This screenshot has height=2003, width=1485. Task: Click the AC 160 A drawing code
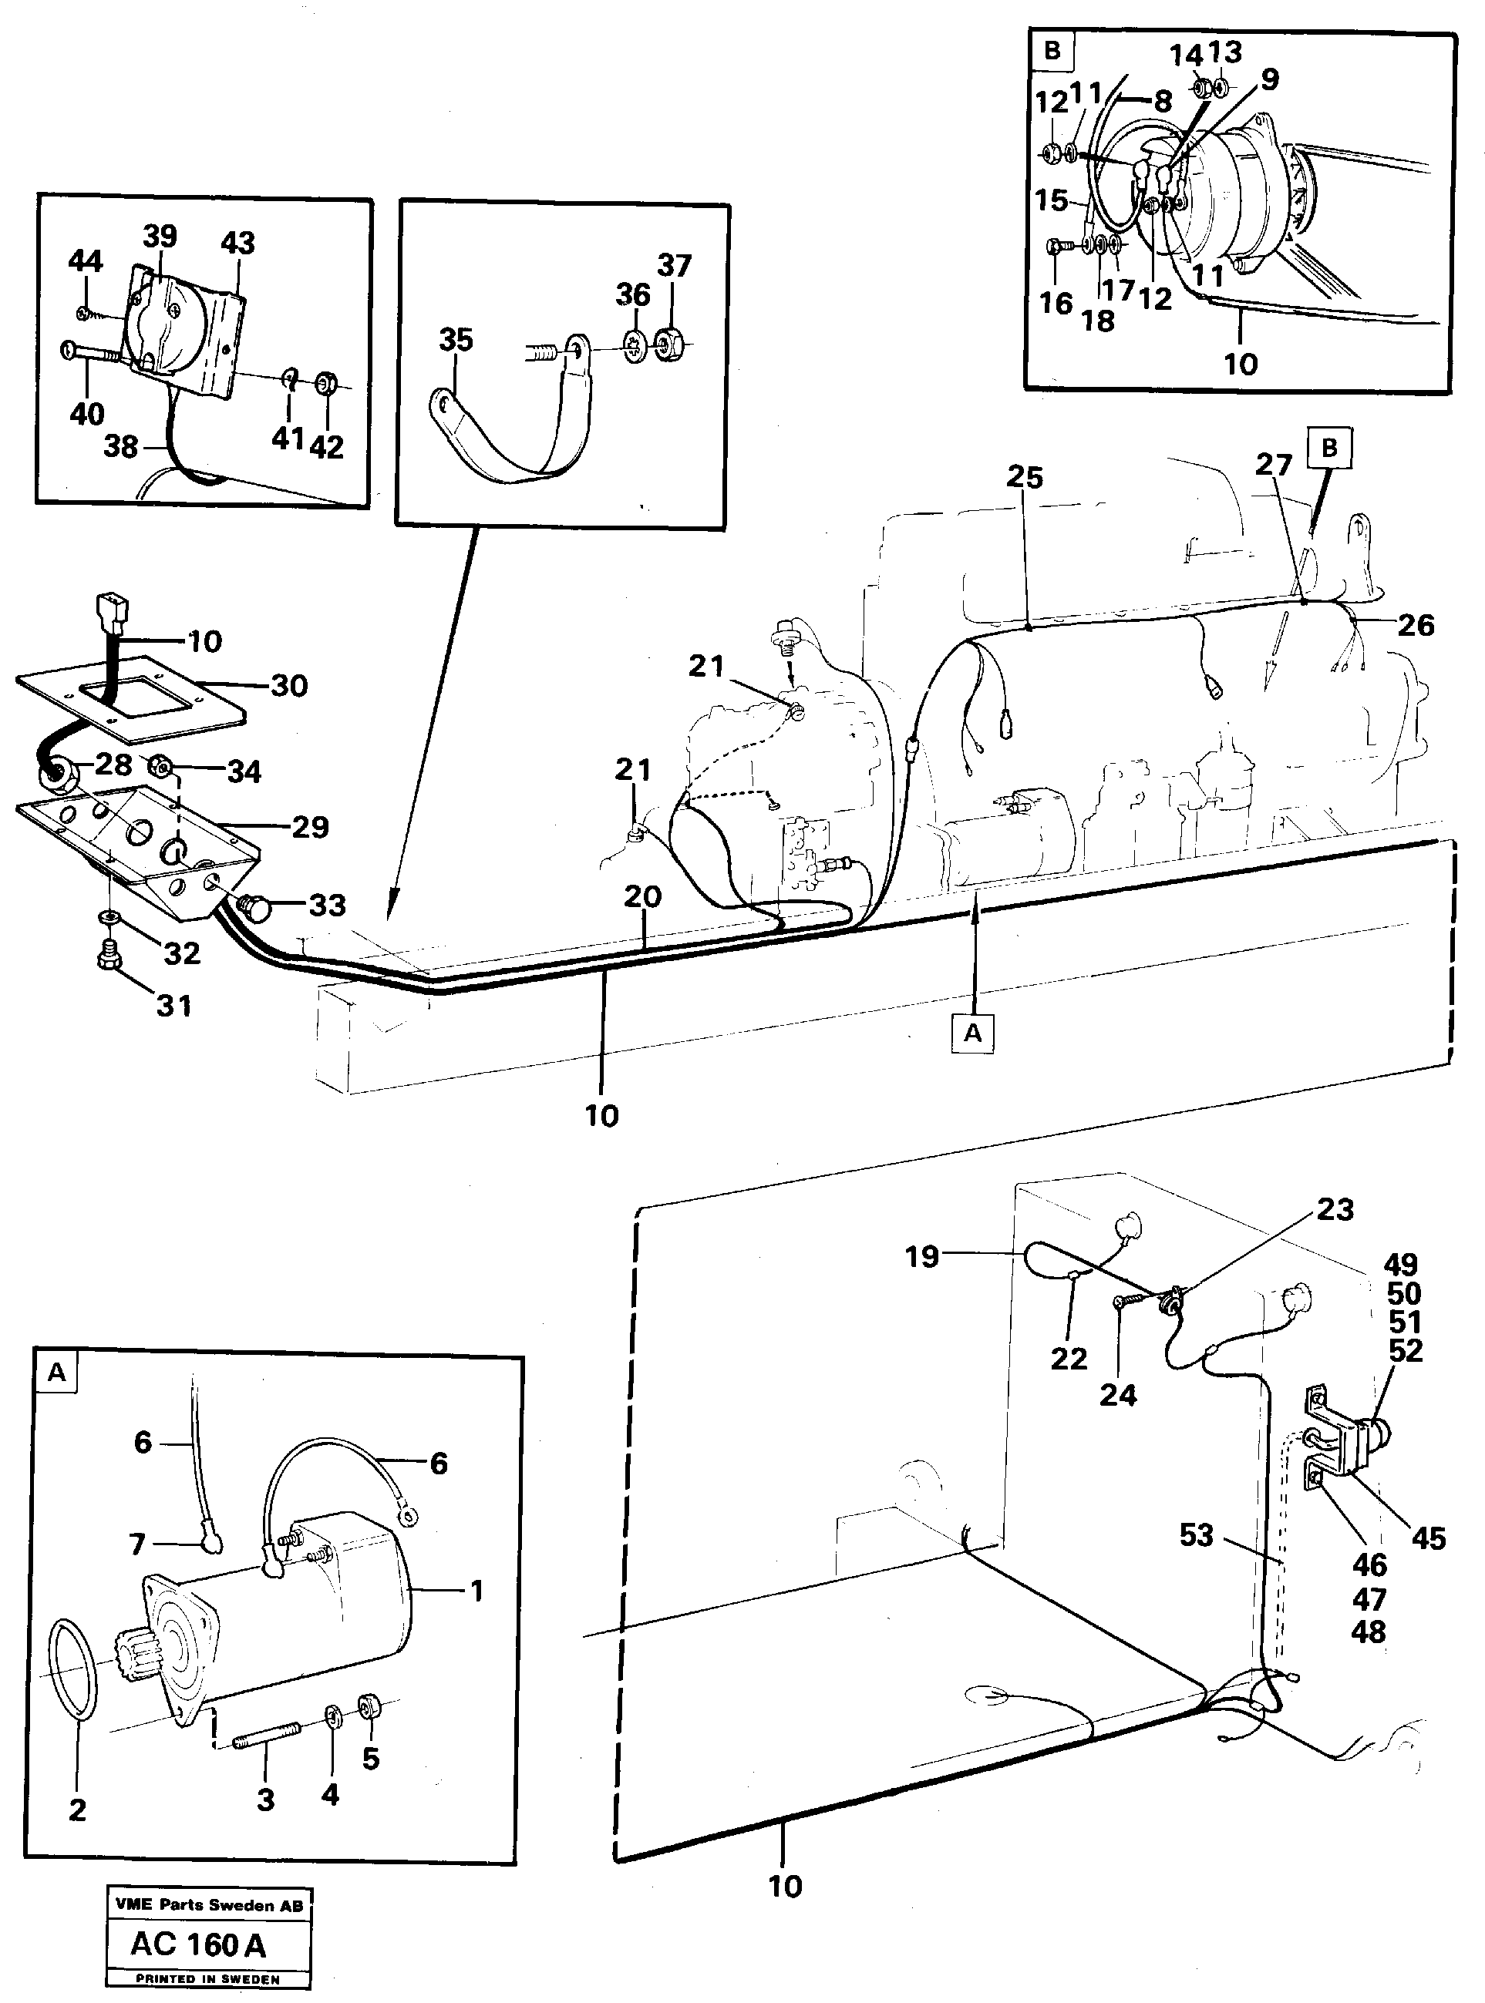coord(199,1944)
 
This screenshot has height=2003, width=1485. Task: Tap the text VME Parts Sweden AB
coord(208,1904)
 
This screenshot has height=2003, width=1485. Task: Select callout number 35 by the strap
coord(456,340)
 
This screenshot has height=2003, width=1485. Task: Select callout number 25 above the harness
coord(1025,477)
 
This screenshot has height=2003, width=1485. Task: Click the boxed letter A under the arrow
coord(972,1033)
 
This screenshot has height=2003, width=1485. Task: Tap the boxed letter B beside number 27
coord(1329,448)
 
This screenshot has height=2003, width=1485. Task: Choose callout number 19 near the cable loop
coord(922,1256)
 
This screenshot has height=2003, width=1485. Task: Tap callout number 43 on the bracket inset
coord(237,244)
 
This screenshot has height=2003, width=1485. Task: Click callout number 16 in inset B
coord(1056,303)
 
